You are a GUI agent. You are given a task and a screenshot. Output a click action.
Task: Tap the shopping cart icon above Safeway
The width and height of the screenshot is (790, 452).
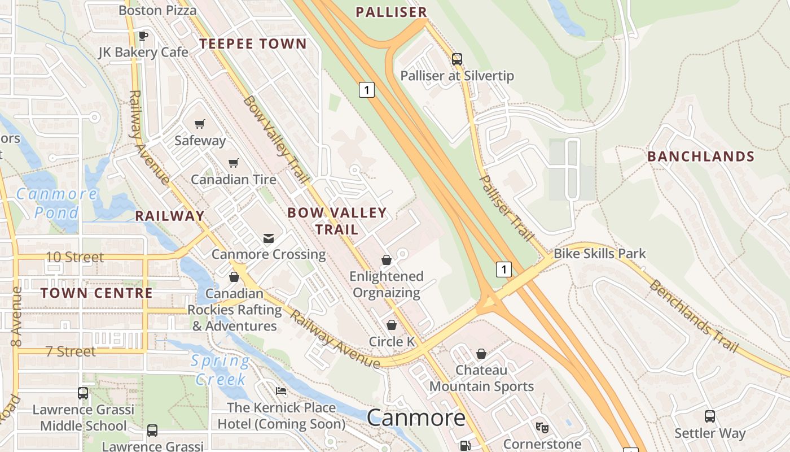point(199,124)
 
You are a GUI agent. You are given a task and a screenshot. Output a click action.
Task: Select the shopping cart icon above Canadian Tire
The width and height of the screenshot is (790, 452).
point(234,163)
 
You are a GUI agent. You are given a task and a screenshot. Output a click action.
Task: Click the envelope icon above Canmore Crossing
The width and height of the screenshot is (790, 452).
point(269,238)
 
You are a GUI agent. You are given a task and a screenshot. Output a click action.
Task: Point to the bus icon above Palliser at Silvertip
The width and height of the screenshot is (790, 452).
point(457,59)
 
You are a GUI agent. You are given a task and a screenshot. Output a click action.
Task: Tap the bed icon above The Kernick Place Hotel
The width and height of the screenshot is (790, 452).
point(281,391)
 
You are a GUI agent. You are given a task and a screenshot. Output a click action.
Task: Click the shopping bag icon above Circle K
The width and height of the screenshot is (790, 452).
point(392,325)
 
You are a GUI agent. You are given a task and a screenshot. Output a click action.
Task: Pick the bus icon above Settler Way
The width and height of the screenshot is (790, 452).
point(710,417)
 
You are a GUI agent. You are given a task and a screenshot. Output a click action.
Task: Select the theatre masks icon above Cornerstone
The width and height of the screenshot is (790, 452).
point(542,428)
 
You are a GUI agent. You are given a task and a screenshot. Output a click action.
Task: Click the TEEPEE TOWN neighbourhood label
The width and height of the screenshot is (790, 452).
point(253,44)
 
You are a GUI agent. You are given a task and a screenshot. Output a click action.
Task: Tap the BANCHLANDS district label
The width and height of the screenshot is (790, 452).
point(701,157)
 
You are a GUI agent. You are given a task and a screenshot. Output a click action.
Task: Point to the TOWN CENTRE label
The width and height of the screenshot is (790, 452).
point(96,293)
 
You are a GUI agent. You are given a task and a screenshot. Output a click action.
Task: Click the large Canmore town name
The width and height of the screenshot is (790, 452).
point(416,418)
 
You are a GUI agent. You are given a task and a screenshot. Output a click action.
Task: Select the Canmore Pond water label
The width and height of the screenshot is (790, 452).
point(56,203)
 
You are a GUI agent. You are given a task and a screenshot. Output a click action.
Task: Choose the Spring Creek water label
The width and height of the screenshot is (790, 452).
point(220,370)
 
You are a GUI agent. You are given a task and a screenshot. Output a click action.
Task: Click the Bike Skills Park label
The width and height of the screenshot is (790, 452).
point(599,254)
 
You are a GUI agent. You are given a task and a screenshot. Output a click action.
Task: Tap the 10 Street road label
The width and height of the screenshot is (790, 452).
point(74,257)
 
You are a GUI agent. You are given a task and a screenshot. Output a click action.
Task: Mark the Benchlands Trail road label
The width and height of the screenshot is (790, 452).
point(693,316)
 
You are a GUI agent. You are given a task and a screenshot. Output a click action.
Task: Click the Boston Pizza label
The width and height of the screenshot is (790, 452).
point(157,10)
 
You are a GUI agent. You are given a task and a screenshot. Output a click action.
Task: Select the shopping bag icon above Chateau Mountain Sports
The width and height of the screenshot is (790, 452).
point(481,354)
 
